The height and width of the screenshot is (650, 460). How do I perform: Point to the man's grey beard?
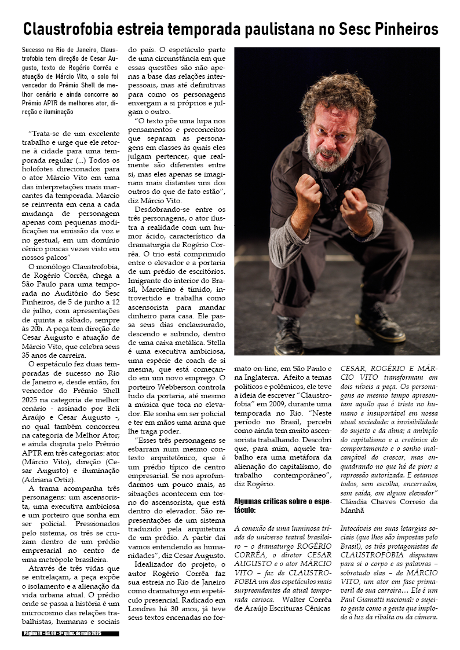click(x=334, y=159)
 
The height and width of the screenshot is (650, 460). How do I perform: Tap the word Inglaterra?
click(x=266, y=377)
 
